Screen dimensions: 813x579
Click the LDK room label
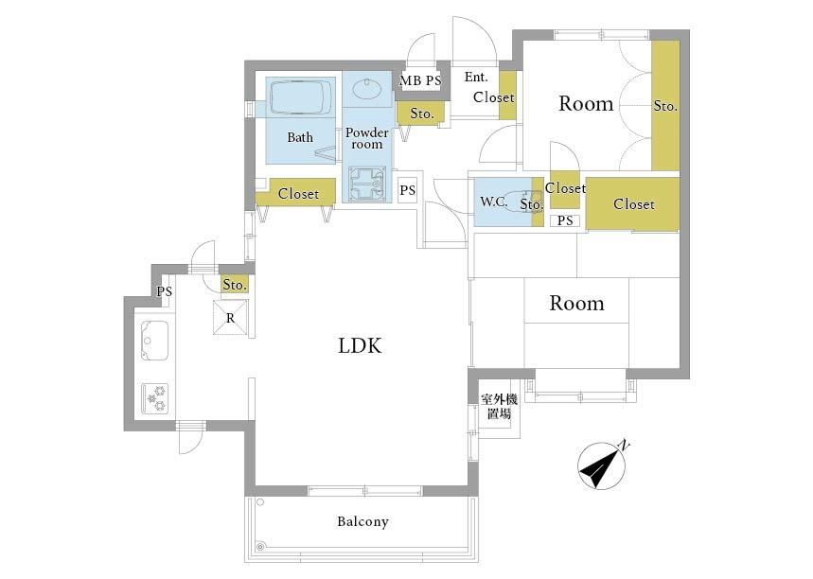(360, 345)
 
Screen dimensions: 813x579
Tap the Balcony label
(362, 521)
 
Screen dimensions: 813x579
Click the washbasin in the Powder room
(367, 89)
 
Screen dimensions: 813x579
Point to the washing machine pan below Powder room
(367, 184)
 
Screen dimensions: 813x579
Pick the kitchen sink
(154, 340)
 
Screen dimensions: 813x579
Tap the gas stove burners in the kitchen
(154, 398)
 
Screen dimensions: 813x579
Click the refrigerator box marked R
(230, 318)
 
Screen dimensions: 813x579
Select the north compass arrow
(601, 465)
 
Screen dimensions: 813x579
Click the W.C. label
(494, 202)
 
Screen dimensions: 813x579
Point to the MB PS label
(420, 80)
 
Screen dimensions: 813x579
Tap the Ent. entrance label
(476, 78)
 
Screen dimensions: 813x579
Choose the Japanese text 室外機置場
(499, 407)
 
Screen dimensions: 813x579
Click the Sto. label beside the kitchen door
(235, 285)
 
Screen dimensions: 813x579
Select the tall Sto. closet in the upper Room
(665, 105)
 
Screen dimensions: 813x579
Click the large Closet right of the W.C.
(632, 203)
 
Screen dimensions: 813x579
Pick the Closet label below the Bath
(298, 194)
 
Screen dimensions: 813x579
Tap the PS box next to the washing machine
(408, 190)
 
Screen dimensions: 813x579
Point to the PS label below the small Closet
(565, 220)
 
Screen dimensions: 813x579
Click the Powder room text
(367, 138)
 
